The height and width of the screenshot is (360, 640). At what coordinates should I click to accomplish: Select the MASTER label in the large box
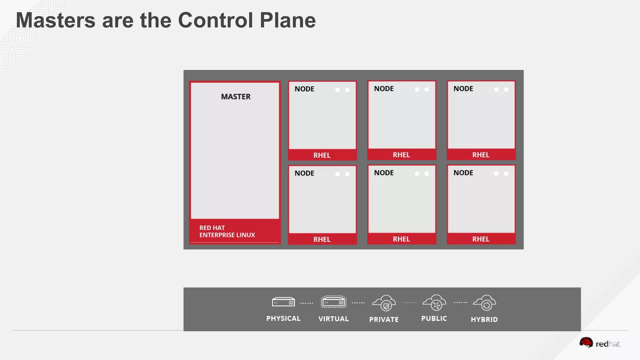(236, 97)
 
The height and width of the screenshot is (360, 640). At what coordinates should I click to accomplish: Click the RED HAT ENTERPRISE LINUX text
(227, 231)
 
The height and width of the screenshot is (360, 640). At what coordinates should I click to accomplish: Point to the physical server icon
(283, 302)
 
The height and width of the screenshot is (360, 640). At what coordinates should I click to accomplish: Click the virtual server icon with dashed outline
(333, 302)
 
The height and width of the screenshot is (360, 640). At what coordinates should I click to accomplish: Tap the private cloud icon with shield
(384, 303)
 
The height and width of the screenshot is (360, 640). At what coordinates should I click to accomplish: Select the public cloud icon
(434, 302)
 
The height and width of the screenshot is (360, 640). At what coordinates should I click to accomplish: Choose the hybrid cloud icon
(484, 303)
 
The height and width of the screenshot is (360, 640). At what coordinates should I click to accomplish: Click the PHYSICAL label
(283, 318)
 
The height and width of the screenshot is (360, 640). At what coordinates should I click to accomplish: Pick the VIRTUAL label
(333, 319)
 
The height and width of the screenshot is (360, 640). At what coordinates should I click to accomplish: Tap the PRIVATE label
(384, 319)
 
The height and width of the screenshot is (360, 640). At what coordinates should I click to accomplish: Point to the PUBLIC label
(434, 318)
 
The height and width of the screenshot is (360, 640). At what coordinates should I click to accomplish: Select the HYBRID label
(484, 319)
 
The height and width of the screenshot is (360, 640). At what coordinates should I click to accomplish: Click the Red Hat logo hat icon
(586, 342)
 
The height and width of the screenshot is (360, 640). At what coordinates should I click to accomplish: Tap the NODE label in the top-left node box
(304, 89)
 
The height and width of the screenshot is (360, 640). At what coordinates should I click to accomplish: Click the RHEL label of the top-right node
(481, 155)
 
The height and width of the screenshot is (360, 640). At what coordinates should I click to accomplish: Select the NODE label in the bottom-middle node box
(384, 173)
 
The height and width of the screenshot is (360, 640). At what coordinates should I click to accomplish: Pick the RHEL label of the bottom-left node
(322, 239)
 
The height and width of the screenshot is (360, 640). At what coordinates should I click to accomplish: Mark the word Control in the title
(216, 20)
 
